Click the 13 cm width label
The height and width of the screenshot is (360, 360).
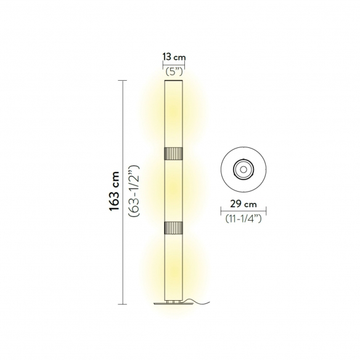point(174,57)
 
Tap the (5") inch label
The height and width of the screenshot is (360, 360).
point(174,72)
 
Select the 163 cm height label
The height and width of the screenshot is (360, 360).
point(114,191)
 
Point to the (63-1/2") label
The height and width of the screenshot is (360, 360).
point(134,191)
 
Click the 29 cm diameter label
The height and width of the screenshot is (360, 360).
point(243,204)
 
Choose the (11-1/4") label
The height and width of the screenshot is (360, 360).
point(243,218)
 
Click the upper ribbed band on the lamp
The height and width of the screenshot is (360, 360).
point(174,153)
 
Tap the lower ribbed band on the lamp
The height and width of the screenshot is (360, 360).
point(174,227)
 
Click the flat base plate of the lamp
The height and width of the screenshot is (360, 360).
point(174,303)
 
